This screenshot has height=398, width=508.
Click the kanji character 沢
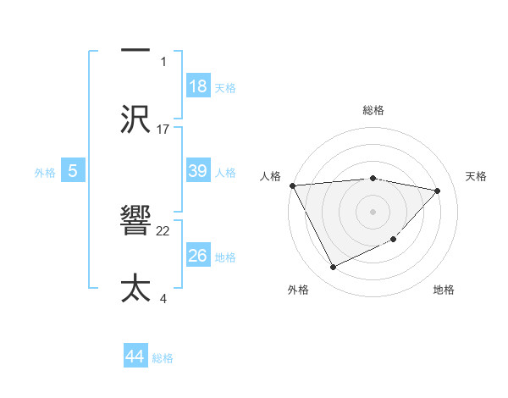(136, 118)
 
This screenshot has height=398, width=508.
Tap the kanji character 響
(136, 223)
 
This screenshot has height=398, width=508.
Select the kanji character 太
(136, 287)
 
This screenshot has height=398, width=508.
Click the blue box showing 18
(198, 86)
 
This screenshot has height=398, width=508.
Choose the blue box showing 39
(198, 171)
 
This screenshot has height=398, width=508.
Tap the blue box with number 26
(198, 256)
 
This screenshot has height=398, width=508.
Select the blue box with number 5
(73, 171)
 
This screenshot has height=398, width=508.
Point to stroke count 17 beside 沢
(163, 130)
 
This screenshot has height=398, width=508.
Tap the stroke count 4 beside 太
(163, 297)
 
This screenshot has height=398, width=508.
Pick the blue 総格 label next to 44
(163, 358)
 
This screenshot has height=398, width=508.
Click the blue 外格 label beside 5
(45, 172)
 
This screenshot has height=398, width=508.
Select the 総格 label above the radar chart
(373, 110)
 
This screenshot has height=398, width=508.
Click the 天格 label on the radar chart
(477, 176)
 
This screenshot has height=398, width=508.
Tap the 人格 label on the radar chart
(269, 176)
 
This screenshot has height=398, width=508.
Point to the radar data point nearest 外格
(333, 268)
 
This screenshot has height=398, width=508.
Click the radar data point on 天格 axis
(438, 191)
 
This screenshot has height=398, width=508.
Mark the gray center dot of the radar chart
(373, 211)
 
